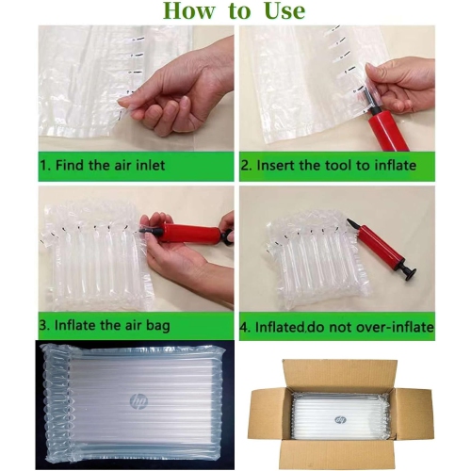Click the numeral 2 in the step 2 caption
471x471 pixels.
coord(245,166)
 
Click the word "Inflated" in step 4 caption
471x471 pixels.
coord(279,327)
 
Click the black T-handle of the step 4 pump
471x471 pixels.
coord(407,269)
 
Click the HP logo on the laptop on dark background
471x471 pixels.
coord(138,400)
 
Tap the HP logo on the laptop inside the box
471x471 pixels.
coord(341,420)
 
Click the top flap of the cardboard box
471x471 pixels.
coord(340,375)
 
